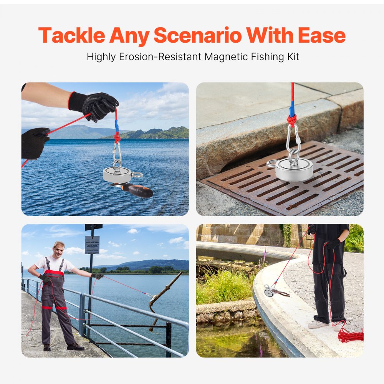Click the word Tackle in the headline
pyautogui.click(x=71, y=36)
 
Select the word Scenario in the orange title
pyautogui.click(x=198, y=36)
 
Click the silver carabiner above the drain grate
pyautogui.click(x=294, y=140)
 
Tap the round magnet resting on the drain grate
pyautogui.click(x=294, y=169)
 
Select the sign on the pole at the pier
pyautogui.click(x=92, y=245)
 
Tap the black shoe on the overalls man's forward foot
pyautogui.click(x=75, y=346)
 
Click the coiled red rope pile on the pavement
pyautogui.click(x=349, y=335)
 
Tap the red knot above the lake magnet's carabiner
pyautogui.click(x=117, y=137)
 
